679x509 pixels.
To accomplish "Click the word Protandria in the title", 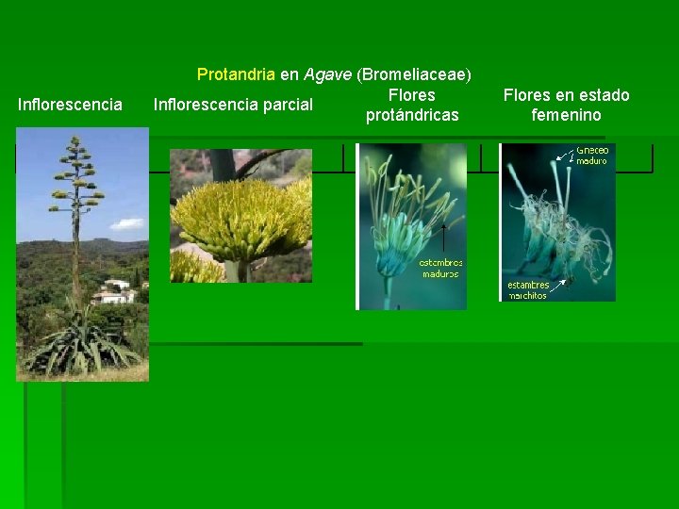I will (236, 74).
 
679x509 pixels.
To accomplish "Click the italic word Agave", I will (328, 74).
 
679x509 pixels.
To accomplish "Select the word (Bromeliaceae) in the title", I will (415, 74).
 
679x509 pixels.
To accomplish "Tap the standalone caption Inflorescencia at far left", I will (70, 105).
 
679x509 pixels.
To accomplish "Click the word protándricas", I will (412, 115).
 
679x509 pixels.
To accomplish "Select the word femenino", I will (566, 115).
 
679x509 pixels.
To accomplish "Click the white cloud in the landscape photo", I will (127, 224).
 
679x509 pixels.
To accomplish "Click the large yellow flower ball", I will (240, 222).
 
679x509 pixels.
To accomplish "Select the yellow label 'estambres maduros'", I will (440, 269).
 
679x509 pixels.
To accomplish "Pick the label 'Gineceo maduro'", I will (591, 156).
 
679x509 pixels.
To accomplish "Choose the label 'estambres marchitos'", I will (529, 290).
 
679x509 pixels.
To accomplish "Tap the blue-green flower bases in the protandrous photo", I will (396, 254).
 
